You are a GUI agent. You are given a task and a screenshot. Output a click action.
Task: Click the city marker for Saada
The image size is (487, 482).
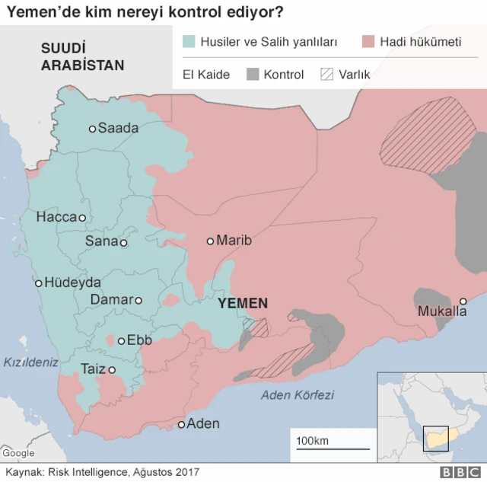(x=92, y=129)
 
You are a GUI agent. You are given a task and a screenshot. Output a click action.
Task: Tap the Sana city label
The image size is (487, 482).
(x=101, y=241)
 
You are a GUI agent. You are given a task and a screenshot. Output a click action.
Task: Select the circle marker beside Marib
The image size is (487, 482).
(x=211, y=241)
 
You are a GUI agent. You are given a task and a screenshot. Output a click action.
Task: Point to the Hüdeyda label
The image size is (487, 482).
(x=72, y=282)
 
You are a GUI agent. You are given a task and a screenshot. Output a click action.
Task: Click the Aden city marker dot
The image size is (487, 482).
(x=181, y=424)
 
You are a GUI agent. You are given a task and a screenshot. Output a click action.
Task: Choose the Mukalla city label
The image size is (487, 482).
(x=442, y=311)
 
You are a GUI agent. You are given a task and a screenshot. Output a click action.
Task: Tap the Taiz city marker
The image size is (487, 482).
(x=112, y=370)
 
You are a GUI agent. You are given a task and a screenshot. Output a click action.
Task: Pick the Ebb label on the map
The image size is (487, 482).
(x=139, y=340)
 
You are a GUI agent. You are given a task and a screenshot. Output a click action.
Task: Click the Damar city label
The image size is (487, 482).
(x=111, y=300)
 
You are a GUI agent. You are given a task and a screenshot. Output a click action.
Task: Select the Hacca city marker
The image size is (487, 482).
(x=82, y=218)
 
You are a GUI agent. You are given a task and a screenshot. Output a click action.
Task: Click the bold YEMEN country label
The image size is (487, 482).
(x=243, y=303)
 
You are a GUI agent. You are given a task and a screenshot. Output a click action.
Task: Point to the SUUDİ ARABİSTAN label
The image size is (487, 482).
(x=82, y=57)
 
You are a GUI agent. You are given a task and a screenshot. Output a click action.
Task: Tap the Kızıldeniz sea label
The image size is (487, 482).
(x=30, y=362)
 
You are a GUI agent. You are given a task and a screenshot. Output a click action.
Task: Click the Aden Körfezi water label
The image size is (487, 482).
(x=298, y=394)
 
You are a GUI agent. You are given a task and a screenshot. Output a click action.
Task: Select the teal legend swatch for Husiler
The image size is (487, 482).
(x=189, y=42)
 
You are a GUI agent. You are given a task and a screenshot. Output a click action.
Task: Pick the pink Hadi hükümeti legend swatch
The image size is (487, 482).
(x=370, y=42)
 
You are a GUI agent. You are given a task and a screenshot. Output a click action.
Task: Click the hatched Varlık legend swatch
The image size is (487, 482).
(x=328, y=75)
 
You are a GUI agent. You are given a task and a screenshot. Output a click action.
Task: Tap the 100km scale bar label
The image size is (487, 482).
(x=312, y=441)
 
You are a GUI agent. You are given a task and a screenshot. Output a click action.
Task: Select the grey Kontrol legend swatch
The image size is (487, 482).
(x=253, y=75)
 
